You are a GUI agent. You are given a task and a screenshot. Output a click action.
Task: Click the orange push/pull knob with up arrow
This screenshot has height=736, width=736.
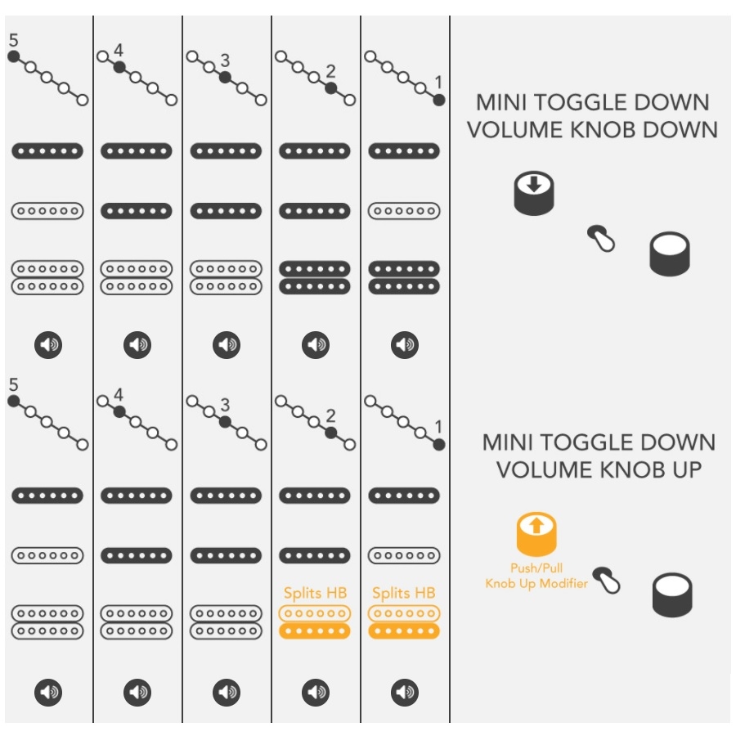point(536,534)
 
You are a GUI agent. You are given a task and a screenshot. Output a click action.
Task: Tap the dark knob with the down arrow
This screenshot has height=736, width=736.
point(534,193)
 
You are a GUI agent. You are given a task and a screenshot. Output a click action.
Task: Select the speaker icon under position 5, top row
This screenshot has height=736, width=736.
point(48,345)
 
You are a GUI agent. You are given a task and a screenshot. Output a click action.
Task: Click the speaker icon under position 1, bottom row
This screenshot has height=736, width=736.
point(405,692)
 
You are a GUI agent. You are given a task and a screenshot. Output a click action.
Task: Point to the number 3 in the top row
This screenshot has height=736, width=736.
point(226,61)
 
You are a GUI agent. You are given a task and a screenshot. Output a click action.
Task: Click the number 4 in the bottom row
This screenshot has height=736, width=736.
point(119,395)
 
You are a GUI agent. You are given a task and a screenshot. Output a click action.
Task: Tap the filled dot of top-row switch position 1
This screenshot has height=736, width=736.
point(439,100)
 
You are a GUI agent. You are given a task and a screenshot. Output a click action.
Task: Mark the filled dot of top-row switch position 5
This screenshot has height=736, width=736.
point(14,56)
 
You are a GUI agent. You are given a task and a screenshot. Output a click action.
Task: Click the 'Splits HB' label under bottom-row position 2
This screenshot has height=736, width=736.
point(316,593)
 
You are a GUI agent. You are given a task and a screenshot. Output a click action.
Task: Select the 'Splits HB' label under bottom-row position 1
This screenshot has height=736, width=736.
point(404,593)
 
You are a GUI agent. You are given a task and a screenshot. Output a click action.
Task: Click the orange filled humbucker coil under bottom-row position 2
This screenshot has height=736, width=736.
point(315,631)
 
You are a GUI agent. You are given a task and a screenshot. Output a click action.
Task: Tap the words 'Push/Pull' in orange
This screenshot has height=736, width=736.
point(536,568)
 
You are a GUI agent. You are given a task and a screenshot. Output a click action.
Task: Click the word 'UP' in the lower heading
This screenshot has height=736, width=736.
point(687,470)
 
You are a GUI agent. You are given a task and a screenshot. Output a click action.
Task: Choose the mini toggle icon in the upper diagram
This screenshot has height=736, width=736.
point(601,239)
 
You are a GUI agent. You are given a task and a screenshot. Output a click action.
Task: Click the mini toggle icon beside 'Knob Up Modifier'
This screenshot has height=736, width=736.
point(607,580)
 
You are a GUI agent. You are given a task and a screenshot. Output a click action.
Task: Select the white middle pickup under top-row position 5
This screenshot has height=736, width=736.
point(47,211)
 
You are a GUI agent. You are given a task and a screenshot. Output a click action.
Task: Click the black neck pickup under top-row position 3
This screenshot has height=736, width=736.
point(226,151)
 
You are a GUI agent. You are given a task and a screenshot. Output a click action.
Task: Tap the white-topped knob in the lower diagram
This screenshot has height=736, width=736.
point(672,595)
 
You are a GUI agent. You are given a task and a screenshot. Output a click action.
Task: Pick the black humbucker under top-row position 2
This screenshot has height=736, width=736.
point(315,277)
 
